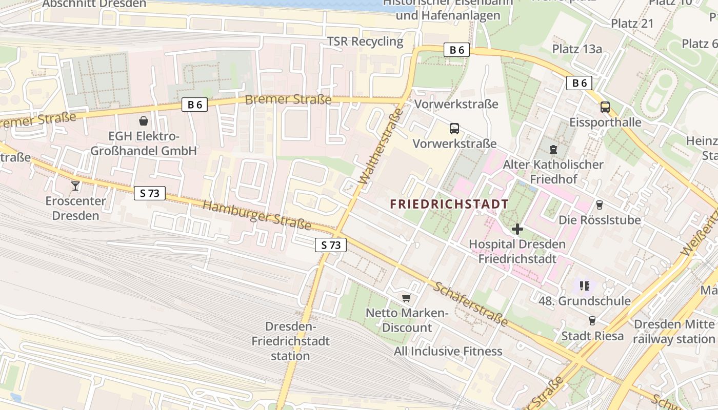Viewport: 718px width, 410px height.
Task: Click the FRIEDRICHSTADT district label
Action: pyautogui.click(x=449, y=204)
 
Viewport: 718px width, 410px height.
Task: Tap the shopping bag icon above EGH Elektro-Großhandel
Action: pyautogui.click(x=144, y=121)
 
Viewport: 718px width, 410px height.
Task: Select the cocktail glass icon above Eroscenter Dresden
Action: pyautogui.click(x=76, y=186)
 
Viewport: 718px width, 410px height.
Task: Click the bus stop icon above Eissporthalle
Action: pyautogui.click(x=605, y=107)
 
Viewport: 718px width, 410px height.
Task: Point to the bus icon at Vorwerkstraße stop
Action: pyautogui.click(x=454, y=129)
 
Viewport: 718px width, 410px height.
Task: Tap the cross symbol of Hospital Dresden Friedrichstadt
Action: pyautogui.click(x=517, y=229)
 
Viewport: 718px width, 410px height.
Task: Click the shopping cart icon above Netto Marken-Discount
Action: pyautogui.click(x=407, y=298)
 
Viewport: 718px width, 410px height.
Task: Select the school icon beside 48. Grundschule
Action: pyautogui.click(x=585, y=285)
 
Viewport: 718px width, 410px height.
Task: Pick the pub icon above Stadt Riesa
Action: pyautogui.click(x=592, y=321)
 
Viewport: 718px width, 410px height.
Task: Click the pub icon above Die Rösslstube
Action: pyautogui.click(x=599, y=205)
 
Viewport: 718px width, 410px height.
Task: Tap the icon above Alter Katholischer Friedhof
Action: pyautogui.click(x=553, y=150)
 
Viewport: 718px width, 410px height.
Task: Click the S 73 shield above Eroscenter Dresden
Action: pyautogui.click(x=150, y=193)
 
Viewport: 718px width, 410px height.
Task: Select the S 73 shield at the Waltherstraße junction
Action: pyautogui.click(x=331, y=245)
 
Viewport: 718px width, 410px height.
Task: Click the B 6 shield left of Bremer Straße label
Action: pyautogui.click(x=194, y=105)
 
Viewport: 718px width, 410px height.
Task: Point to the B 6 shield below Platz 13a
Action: pyautogui.click(x=579, y=83)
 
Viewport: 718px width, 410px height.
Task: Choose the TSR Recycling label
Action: pyautogui.click(x=365, y=42)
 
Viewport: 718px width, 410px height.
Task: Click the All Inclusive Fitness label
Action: pyautogui.click(x=448, y=351)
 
